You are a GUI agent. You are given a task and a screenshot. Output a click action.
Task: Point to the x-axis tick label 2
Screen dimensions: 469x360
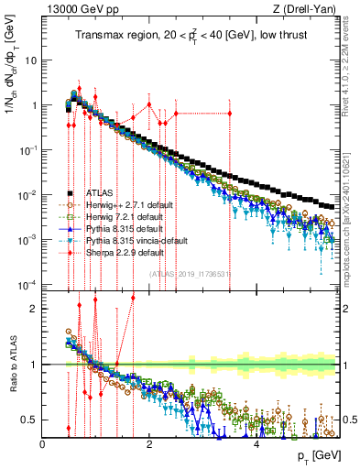(x=150, y=443)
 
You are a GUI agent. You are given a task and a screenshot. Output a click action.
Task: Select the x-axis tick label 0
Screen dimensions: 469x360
(x=43, y=443)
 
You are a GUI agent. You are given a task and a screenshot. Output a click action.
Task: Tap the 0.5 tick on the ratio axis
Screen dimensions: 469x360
(x=30, y=420)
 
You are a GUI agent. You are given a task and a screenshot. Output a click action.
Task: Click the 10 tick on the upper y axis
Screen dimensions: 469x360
(x=30, y=60)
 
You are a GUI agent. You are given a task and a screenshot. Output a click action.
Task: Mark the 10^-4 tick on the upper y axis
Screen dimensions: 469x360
(x=27, y=282)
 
